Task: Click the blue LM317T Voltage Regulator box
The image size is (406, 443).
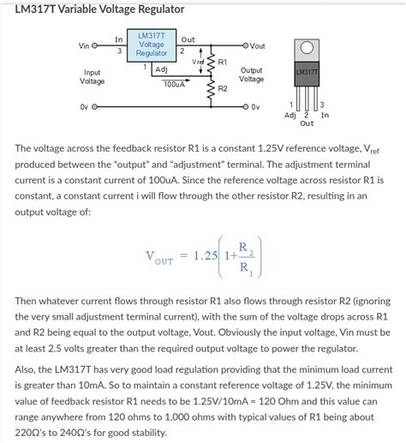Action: pyautogui.click(x=151, y=45)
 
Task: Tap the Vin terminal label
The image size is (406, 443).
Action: pyautogui.click(x=84, y=45)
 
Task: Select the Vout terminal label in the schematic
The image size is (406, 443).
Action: pyautogui.click(x=257, y=45)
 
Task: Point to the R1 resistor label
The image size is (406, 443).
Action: pyautogui.click(x=223, y=62)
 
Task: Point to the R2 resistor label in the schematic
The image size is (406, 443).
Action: pyautogui.click(x=223, y=88)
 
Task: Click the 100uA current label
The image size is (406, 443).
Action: pyautogui.click(x=174, y=85)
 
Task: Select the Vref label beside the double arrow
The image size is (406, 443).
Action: pyautogui.click(x=198, y=62)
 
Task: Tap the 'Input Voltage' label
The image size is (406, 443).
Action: pyautogui.click(x=93, y=77)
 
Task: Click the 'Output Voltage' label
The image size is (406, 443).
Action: pyautogui.click(x=251, y=75)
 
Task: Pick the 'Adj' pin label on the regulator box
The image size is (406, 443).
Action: pyautogui.click(x=161, y=69)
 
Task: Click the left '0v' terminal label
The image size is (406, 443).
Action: pyautogui.click(x=84, y=107)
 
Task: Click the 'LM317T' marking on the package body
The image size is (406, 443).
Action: pyautogui.click(x=306, y=73)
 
